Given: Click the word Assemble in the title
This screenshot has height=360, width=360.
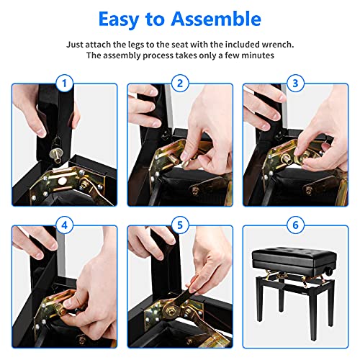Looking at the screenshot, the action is (x=216, y=19).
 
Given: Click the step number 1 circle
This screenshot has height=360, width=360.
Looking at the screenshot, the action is (x=64, y=84).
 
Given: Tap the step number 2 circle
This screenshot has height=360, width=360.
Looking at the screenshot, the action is (x=180, y=84).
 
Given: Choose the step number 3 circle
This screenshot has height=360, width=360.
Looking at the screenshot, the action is (x=295, y=84).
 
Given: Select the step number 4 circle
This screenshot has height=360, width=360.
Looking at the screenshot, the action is (x=64, y=225).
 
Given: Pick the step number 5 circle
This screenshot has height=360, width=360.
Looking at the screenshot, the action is (x=180, y=225).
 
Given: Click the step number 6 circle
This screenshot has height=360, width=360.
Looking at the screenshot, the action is (x=295, y=225).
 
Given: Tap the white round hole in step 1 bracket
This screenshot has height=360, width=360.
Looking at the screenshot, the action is (x=62, y=181).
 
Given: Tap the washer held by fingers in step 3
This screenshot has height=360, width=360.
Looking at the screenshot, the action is (x=302, y=158).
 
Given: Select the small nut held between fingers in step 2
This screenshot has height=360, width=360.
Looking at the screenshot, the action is (x=186, y=165).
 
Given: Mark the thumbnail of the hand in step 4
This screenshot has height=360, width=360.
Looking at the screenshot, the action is (x=67, y=304).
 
